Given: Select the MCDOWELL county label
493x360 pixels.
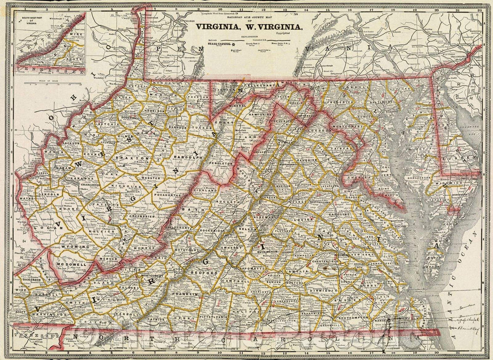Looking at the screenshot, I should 70,264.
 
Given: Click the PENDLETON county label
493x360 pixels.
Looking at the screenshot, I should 221,163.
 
